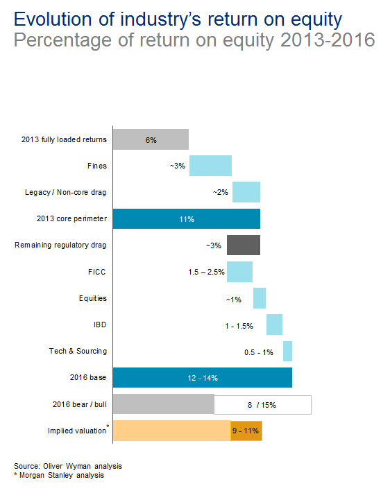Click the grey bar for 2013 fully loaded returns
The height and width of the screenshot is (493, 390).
151,139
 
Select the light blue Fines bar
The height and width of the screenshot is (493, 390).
210,166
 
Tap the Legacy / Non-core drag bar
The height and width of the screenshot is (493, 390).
246,192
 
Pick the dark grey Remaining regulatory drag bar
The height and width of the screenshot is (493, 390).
244,245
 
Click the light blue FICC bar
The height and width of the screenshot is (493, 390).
240,272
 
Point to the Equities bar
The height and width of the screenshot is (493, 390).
260,298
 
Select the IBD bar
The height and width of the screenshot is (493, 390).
275,325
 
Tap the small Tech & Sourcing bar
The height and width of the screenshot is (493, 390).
288,351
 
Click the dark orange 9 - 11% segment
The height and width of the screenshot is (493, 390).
246,431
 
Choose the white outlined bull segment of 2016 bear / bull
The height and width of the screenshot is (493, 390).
263,405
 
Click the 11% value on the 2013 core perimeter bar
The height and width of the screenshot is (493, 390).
187,219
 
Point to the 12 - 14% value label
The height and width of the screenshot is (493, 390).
203,378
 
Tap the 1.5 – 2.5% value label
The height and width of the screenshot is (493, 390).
207,272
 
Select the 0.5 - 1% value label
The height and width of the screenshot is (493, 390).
259,352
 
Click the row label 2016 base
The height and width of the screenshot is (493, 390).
88,377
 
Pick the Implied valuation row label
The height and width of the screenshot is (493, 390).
77,431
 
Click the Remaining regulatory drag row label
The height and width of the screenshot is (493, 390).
60,245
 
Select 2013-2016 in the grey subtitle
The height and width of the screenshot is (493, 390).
328,40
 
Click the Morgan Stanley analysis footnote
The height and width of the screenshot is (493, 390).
59,475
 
